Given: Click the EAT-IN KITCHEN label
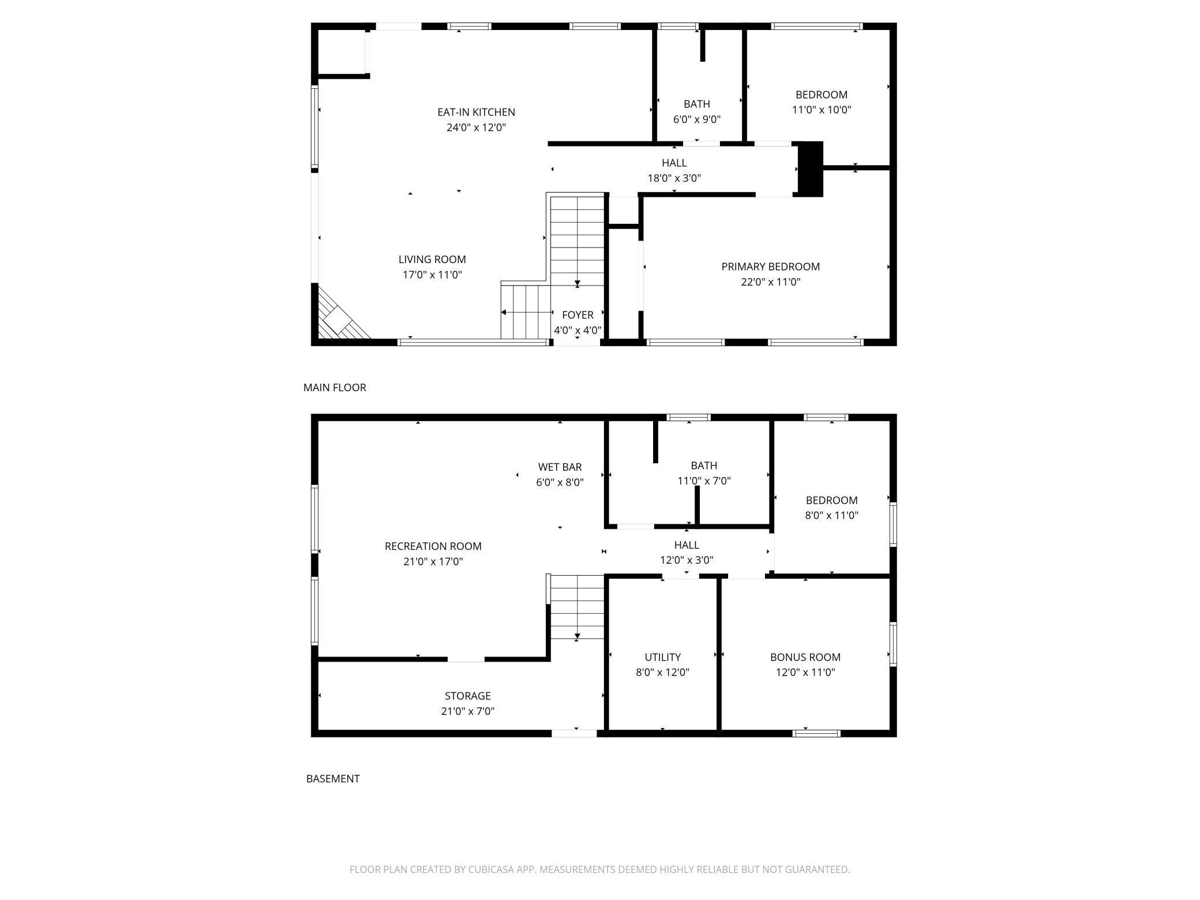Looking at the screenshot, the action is [x=476, y=112].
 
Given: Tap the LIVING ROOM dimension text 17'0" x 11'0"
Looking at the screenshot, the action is [x=432, y=275].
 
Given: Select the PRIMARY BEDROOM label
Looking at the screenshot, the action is [x=770, y=267].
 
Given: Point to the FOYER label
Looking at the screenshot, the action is [x=577, y=315].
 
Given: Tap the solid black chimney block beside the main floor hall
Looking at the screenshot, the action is [x=810, y=169].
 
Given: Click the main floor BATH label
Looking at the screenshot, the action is [x=697, y=104].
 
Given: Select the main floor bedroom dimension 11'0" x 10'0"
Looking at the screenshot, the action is [x=822, y=110].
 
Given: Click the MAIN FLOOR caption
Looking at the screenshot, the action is [x=335, y=388].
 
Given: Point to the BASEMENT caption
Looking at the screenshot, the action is [x=333, y=779].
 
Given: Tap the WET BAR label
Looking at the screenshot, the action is [x=560, y=467].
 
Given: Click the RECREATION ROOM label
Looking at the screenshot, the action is [x=433, y=546].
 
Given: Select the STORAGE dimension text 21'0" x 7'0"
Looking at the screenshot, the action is [x=468, y=711].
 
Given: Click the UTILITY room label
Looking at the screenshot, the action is [x=662, y=657].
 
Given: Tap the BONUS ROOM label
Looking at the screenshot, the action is [x=805, y=657].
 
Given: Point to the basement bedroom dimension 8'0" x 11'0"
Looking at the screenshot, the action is [x=831, y=515].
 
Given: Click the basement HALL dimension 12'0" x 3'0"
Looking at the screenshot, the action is [x=687, y=560].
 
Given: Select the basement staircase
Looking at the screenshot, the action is [x=577, y=607].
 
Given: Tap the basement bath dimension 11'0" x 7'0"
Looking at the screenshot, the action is [x=704, y=481].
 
